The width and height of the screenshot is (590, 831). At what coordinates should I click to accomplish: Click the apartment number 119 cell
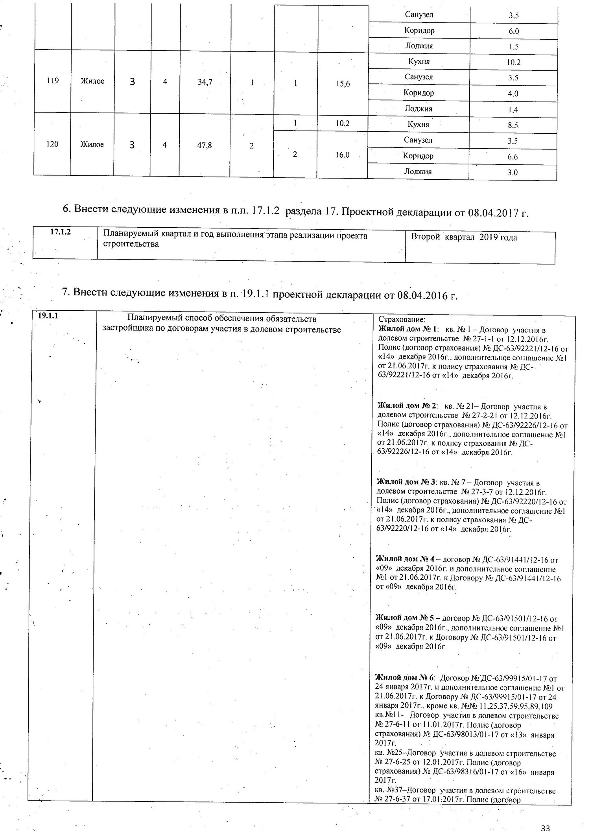[52, 81]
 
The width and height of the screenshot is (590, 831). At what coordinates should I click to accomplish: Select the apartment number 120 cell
[52, 144]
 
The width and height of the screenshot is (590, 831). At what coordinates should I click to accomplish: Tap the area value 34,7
[205, 82]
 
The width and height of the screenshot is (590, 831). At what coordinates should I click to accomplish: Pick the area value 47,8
[205, 145]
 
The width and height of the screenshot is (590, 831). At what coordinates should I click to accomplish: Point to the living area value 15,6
[343, 84]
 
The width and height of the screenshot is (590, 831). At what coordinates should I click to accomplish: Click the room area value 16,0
[342, 155]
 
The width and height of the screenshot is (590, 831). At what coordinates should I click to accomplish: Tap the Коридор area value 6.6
[513, 157]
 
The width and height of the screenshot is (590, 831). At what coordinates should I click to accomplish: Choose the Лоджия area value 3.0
[513, 172]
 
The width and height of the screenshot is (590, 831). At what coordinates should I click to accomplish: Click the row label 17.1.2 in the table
[61, 232]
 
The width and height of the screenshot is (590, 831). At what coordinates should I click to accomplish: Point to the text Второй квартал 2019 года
[464, 237]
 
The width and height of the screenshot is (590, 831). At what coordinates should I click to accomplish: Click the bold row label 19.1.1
[48, 315]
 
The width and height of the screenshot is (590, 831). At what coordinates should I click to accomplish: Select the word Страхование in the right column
[402, 320]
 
